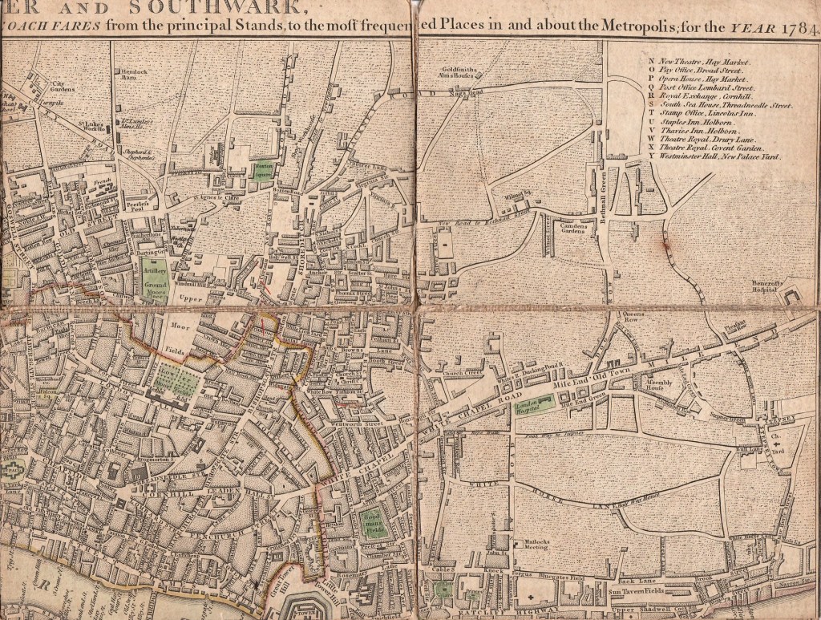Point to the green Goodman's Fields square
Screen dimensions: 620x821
click(370, 522)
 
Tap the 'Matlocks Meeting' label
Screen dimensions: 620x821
click(530, 545)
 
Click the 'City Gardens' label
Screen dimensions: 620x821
click(63, 86)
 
